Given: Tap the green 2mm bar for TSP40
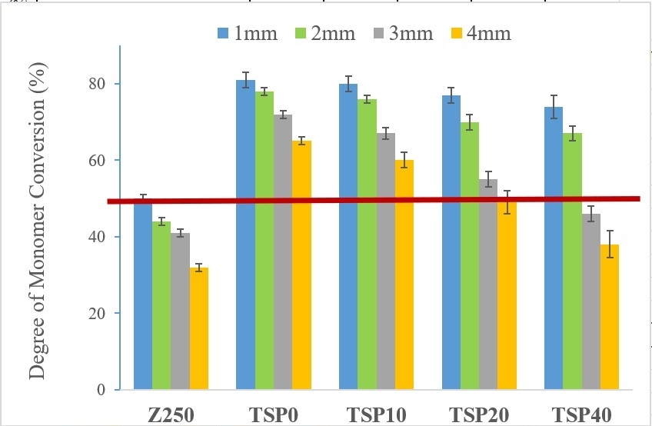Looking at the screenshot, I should [572, 261].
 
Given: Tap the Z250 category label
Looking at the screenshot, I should [171, 414].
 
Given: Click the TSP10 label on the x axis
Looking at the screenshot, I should [376, 414].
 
